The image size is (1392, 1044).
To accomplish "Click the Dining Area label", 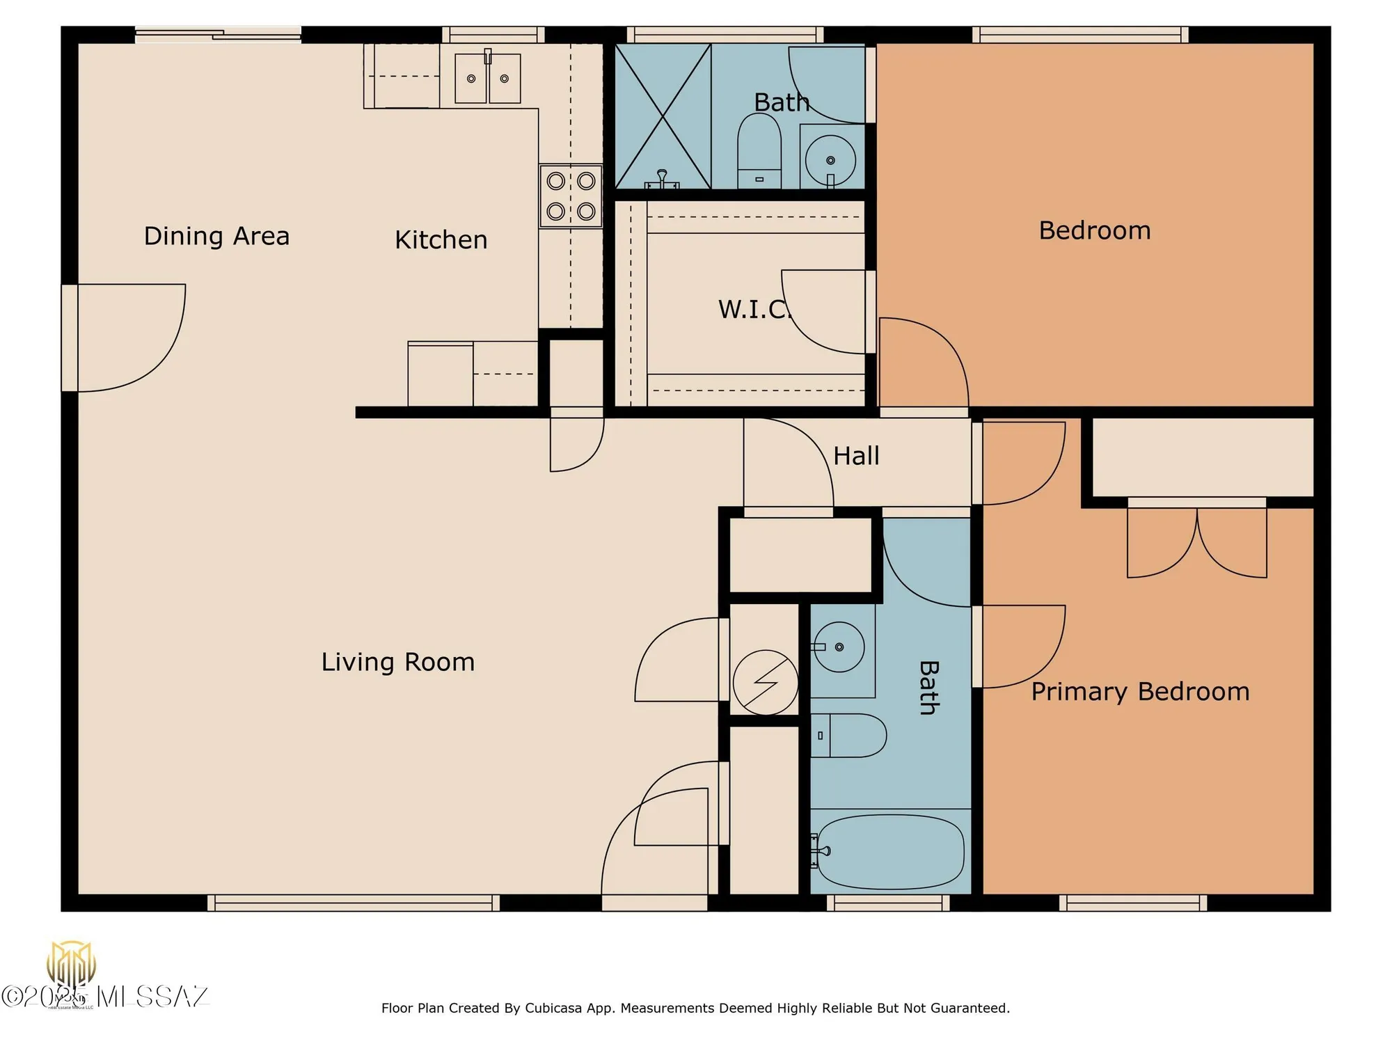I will click(216, 236).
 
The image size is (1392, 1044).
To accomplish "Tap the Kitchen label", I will click(441, 240).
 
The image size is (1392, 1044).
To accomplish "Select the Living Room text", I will click(397, 662).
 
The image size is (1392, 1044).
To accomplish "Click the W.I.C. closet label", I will click(753, 309).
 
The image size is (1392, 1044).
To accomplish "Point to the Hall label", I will click(856, 456).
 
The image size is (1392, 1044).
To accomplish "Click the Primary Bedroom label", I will click(1140, 692).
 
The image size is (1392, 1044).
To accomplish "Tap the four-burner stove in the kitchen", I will click(571, 196).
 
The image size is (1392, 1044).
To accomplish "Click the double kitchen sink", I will click(487, 79).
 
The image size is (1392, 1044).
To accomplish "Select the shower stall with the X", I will click(663, 116).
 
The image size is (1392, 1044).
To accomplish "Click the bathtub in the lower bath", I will click(890, 852).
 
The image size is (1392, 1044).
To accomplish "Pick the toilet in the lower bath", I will click(848, 735).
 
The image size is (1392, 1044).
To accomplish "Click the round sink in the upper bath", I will click(830, 160).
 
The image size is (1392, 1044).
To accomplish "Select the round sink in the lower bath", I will click(839, 647).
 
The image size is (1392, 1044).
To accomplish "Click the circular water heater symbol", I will click(765, 682).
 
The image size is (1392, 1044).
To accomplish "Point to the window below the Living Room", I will click(354, 903).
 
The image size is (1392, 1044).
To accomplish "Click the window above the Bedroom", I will click(1079, 34).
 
